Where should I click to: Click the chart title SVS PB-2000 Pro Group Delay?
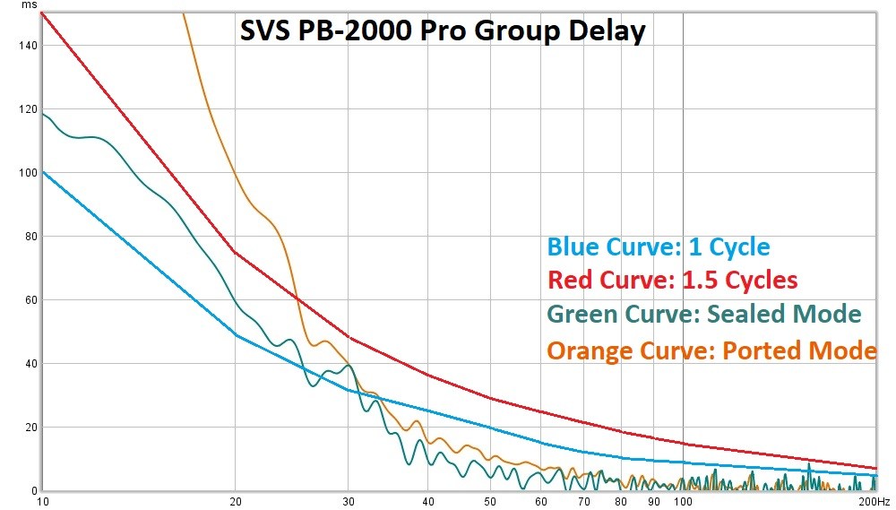coord(442,31)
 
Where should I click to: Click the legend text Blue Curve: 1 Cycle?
coord(659,246)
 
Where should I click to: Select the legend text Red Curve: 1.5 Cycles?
coord(672,281)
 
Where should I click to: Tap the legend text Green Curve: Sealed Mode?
coord(703,315)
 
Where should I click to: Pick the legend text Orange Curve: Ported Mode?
coord(711,350)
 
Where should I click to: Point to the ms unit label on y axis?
coord(30,5)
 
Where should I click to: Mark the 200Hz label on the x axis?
coord(874,501)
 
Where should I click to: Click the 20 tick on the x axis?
coord(235,501)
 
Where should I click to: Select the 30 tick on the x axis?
coord(349,501)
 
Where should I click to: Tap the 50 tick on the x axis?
coord(489,501)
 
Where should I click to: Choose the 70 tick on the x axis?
coord(584,501)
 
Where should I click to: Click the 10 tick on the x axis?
coord(41,501)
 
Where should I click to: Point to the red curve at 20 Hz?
coord(235,253)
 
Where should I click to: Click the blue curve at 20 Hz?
coord(235,335)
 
